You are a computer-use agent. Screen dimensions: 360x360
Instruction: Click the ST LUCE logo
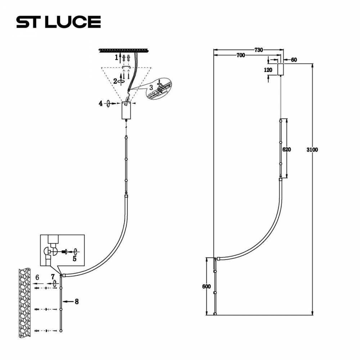[x=59, y=22]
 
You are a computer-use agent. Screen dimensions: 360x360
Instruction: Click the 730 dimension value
[x=258, y=50]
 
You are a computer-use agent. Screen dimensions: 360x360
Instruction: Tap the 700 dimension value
[x=240, y=55]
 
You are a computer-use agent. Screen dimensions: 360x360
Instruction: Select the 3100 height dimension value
[x=312, y=150]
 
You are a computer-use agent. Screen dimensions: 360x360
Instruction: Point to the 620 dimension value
[x=287, y=149]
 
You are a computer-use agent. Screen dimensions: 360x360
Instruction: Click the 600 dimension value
[x=206, y=287]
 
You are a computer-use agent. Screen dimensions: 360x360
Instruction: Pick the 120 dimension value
[x=268, y=70]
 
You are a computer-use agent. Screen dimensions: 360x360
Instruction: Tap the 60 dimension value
[x=294, y=60]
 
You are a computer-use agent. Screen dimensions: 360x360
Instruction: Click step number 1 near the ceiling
[x=117, y=57]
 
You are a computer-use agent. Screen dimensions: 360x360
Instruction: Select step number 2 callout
[x=115, y=81]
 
